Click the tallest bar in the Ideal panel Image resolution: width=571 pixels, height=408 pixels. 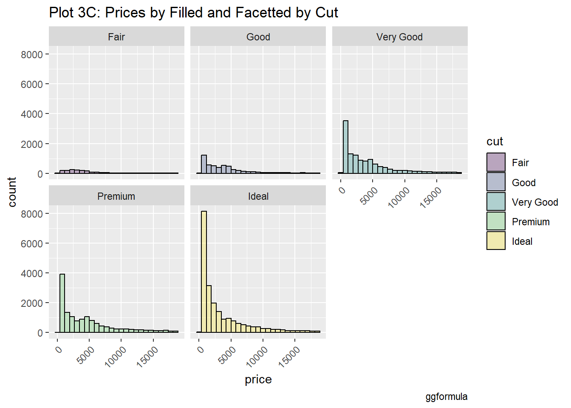point(204,272)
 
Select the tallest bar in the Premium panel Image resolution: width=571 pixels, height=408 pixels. point(62,303)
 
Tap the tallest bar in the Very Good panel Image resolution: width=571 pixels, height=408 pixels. point(345,147)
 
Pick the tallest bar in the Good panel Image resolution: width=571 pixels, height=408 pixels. point(204,164)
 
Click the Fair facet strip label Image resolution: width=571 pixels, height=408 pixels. point(116,37)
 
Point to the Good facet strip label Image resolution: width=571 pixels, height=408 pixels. point(258,37)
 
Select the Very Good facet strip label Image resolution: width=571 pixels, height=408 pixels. point(399,37)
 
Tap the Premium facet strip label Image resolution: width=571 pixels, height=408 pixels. point(116,196)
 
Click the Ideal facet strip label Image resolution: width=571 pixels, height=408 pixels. point(258,196)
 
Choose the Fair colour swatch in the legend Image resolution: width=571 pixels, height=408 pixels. point(496,162)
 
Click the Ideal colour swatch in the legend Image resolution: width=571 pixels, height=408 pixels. point(496,241)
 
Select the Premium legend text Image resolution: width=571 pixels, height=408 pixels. point(531,222)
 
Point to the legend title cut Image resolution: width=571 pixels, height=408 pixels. point(495,142)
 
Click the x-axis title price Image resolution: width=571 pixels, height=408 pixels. point(258,380)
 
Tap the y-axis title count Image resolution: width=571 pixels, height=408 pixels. point(12,192)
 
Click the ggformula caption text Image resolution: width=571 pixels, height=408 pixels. point(446,397)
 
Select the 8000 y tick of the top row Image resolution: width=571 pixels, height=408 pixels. point(32,54)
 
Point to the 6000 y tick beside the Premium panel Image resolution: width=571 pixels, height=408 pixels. point(32,244)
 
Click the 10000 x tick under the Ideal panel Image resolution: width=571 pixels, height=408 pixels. point(257,356)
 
